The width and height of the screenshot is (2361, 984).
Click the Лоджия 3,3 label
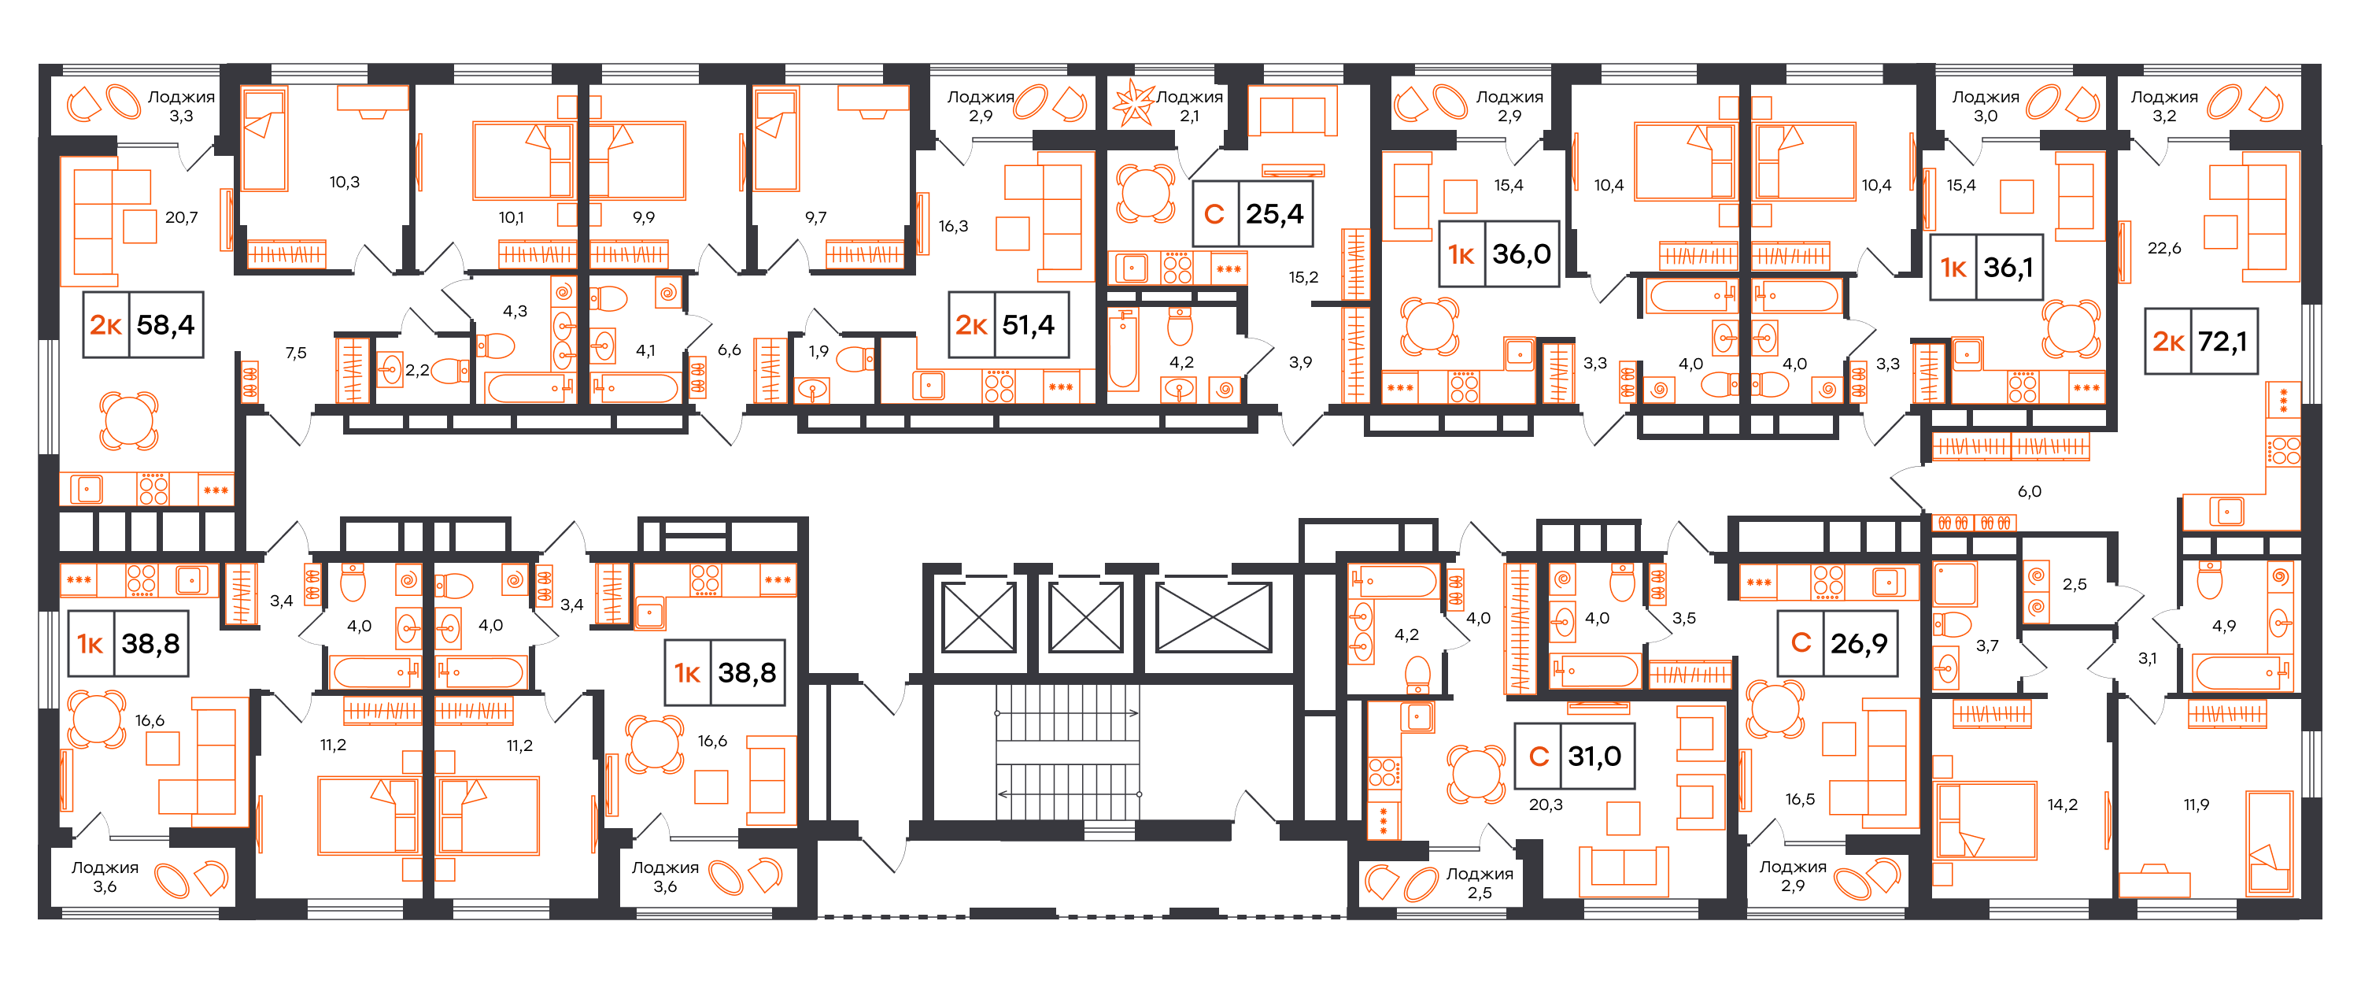182,106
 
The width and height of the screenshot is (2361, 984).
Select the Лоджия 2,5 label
1480,883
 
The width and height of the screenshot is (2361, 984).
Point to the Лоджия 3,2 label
2164,106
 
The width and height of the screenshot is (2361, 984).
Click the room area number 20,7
182,217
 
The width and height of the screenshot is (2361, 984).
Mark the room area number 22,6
2164,248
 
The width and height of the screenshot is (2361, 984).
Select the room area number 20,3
1546,805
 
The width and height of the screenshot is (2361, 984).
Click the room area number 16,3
953,226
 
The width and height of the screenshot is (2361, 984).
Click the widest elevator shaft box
1214,617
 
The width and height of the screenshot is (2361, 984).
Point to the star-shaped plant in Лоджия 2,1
1134,104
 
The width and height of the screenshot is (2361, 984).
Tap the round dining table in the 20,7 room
129,421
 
